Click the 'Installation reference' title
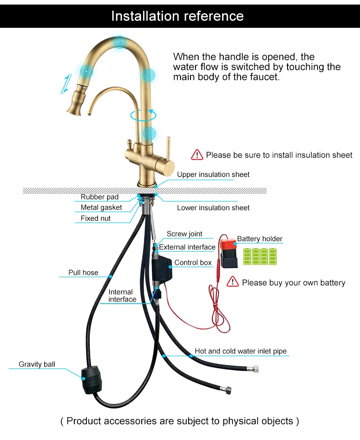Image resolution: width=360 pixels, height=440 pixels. click(177, 16)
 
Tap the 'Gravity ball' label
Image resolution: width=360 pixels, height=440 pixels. click(37, 364)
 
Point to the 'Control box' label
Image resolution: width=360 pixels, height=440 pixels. click(193, 263)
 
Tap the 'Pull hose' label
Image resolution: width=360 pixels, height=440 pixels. click(83, 273)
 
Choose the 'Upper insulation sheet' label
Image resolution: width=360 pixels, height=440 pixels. click(213, 175)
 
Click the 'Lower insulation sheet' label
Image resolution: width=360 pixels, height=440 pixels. click(213, 208)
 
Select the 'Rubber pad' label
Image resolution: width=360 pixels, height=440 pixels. click(99, 197)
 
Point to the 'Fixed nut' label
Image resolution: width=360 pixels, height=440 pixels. click(96, 218)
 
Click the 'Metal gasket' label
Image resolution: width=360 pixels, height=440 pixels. click(101, 207)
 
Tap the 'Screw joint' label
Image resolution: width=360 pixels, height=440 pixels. click(184, 234)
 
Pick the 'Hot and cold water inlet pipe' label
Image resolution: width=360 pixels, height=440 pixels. click(241, 351)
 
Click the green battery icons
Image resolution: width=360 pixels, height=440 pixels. click(260, 257)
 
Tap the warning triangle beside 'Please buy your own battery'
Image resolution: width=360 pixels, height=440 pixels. click(233, 282)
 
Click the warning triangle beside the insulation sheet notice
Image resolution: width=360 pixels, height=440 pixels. click(197, 155)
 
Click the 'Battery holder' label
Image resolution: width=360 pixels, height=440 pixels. click(259, 239)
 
